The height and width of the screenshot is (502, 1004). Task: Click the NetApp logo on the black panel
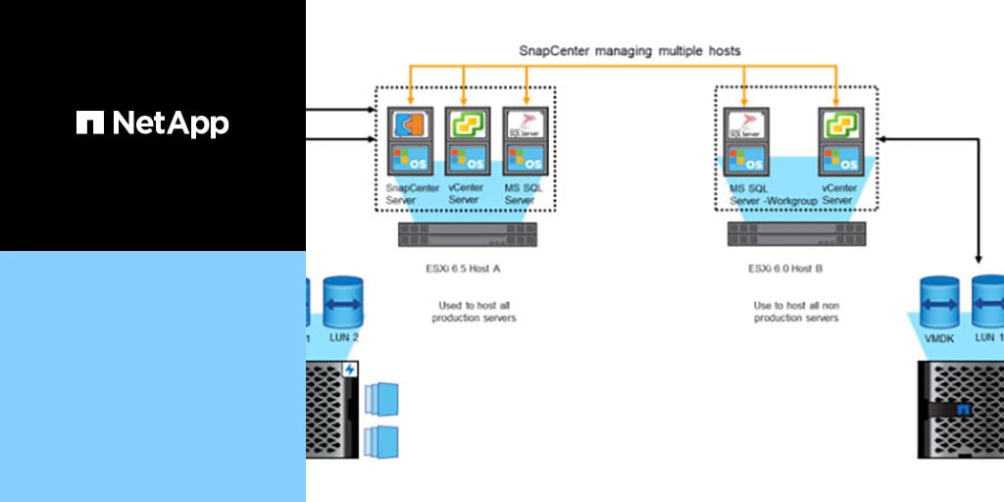click(x=152, y=123)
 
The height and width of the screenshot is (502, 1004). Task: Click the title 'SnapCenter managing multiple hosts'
click(x=629, y=49)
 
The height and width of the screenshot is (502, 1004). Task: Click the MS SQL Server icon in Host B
click(x=744, y=124)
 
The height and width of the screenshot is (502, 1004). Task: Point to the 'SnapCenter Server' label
click(x=409, y=194)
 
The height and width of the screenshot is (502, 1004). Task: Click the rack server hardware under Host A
click(x=468, y=234)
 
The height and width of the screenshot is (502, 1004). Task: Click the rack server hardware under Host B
click(x=795, y=234)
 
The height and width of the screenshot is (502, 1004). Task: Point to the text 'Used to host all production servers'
click(x=474, y=312)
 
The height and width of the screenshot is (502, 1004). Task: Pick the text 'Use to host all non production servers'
click(x=795, y=312)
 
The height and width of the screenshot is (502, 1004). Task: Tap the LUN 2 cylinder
click(x=343, y=303)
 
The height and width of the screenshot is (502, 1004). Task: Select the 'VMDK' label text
click(x=939, y=337)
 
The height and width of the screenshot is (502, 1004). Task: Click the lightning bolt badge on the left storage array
click(x=350, y=370)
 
